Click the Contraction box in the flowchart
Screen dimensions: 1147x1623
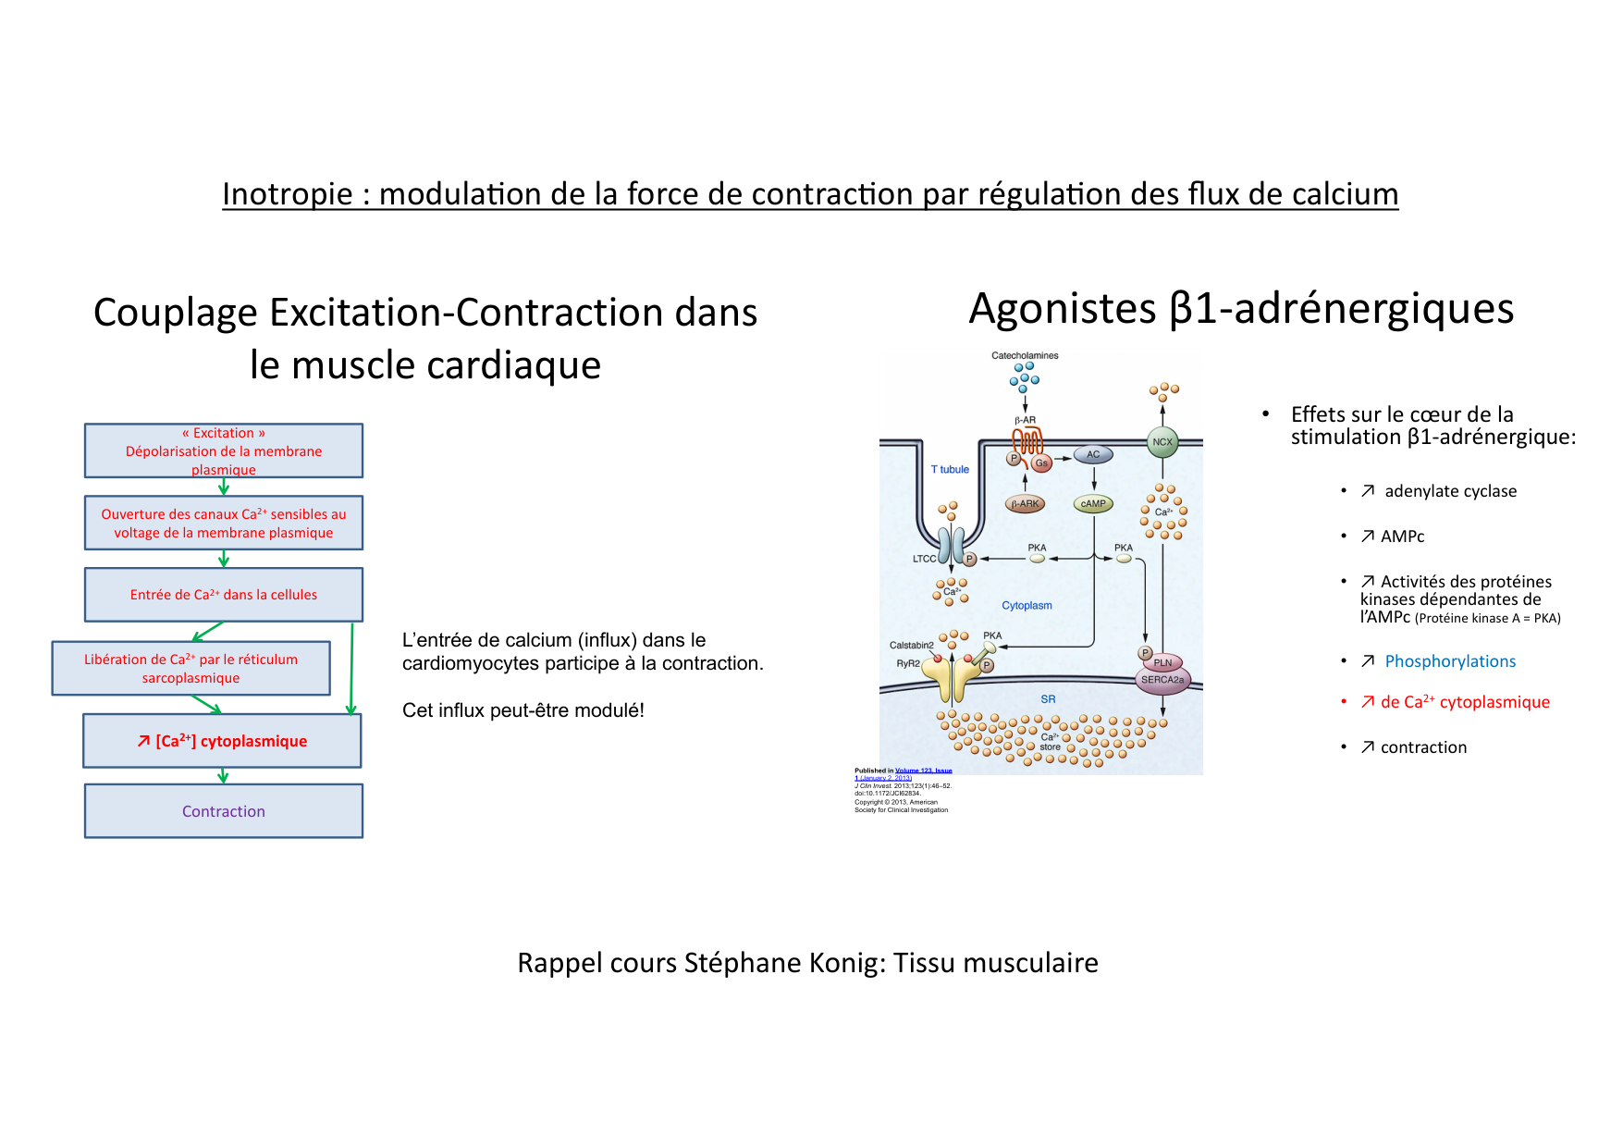pyautogui.click(x=223, y=811)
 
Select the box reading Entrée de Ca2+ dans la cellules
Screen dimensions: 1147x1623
pyautogui.click(x=223, y=595)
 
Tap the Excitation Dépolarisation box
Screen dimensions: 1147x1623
pyautogui.click(x=223, y=450)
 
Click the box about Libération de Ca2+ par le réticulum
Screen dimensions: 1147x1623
pyautogui.click(x=191, y=668)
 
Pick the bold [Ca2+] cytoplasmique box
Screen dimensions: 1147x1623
pyautogui.click(x=222, y=741)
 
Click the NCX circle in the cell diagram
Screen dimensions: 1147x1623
pyautogui.click(x=1162, y=442)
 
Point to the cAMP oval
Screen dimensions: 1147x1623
pyautogui.click(x=1093, y=504)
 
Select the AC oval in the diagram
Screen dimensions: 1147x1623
pyautogui.click(x=1093, y=454)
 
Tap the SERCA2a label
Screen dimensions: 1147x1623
pyautogui.click(x=1162, y=680)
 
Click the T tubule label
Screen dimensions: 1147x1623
pyautogui.click(x=950, y=470)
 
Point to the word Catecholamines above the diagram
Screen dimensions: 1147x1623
pyautogui.click(x=1025, y=355)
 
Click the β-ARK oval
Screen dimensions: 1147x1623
pyautogui.click(x=1025, y=504)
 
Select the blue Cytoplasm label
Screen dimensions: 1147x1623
pyautogui.click(x=1027, y=606)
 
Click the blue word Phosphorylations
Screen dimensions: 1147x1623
pyautogui.click(x=1450, y=661)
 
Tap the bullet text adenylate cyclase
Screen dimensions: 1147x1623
pyautogui.click(x=1450, y=491)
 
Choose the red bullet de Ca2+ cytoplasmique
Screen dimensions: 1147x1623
pyautogui.click(x=1464, y=702)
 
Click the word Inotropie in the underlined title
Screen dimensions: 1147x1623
pyautogui.click(x=288, y=194)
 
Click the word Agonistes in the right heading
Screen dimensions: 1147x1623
pyautogui.click(x=1062, y=309)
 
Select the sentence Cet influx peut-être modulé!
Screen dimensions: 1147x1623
pyautogui.click(x=523, y=710)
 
